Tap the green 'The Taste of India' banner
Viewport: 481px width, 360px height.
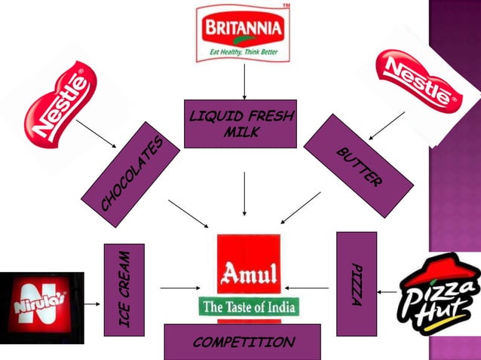click(x=249, y=307)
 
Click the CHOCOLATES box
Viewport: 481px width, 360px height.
click(x=132, y=175)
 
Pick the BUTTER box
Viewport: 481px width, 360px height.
click(x=358, y=165)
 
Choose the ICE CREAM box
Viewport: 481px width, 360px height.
click(x=124, y=289)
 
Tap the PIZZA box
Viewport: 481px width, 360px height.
click(x=356, y=283)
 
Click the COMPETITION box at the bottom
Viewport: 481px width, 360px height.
click(x=242, y=343)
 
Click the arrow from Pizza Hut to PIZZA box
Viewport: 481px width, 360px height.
click(x=388, y=291)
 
